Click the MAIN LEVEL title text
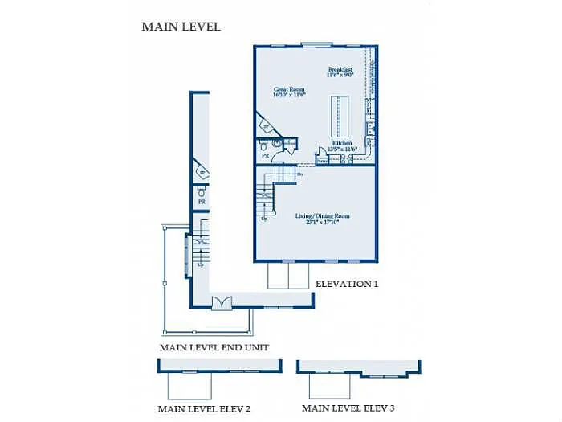181,27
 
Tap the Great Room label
290,90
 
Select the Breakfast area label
340,69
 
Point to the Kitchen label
342,143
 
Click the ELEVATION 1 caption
346,284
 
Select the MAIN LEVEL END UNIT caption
214,347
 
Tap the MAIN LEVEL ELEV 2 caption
204,409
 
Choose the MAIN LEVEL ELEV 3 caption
348,408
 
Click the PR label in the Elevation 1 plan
264,155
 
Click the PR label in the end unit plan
202,202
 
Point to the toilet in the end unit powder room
201,192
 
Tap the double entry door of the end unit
221,302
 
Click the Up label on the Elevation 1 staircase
264,219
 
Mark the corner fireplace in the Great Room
265,126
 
